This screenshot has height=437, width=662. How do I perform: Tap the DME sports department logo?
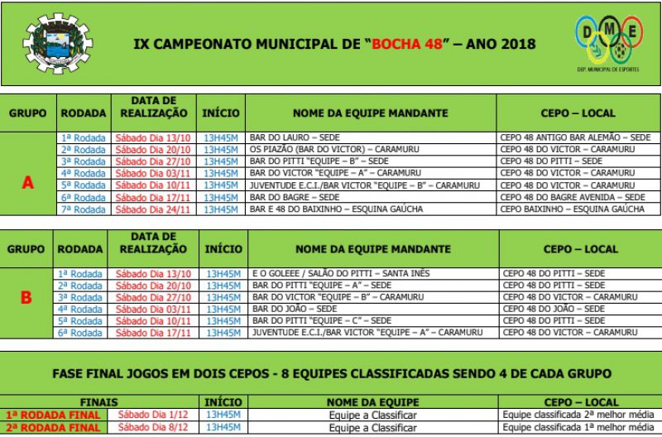coord(610,42)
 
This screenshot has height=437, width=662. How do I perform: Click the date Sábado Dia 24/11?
coord(153,209)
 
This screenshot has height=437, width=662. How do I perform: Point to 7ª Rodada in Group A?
coord(83,209)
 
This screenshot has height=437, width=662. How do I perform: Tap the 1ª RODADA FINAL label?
coord(52,415)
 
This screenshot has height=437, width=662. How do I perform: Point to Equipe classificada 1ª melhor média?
coord(577,427)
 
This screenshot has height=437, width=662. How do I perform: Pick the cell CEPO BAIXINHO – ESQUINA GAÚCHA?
coord(571,209)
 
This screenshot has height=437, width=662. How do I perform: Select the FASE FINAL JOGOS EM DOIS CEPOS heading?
coord(331,373)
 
